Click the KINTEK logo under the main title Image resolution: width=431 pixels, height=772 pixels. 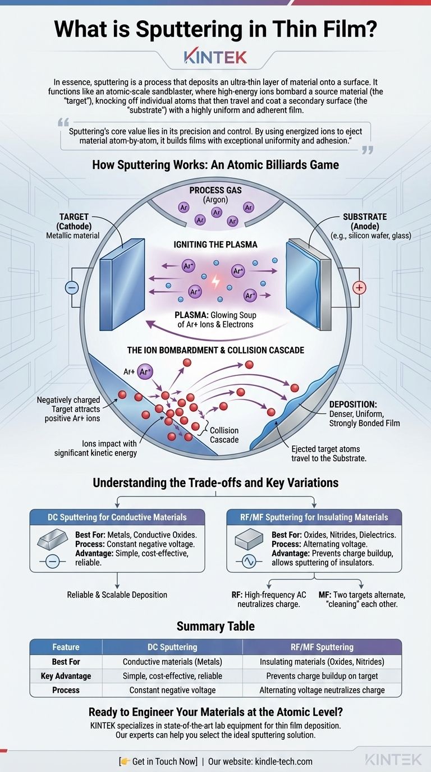tap(215, 57)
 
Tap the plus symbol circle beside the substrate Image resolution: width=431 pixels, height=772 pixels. tap(359, 288)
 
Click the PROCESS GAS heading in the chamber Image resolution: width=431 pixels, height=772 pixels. tap(215, 190)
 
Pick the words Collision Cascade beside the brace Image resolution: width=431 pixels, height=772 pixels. tap(224, 435)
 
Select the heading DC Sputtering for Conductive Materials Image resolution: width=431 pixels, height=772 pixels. tap(117, 517)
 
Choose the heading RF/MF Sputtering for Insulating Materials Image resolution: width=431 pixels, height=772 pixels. tap(314, 517)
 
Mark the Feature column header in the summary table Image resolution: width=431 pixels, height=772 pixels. tap(66, 647)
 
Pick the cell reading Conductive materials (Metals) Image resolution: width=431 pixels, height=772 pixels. tap(172, 662)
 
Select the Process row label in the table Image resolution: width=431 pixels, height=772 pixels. tap(66, 690)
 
